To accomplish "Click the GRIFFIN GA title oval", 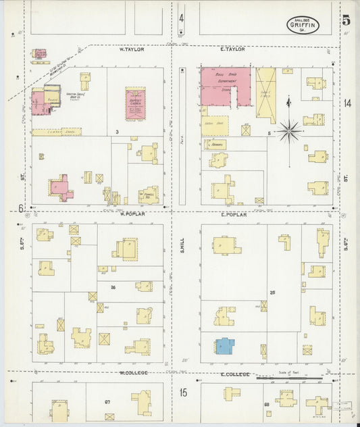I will (x=301, y=24).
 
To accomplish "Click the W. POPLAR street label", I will (x=132, y=214).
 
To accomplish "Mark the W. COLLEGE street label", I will (x=133, y=373).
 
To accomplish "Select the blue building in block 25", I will (x=224, y=346).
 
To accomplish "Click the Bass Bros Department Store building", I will (x=225, y=87).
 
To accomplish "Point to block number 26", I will (x=113, y=287).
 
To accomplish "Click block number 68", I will (x=266, y=404).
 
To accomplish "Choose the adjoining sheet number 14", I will (x=346, y=103).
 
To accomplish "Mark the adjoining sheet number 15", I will (x=182, y=392).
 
